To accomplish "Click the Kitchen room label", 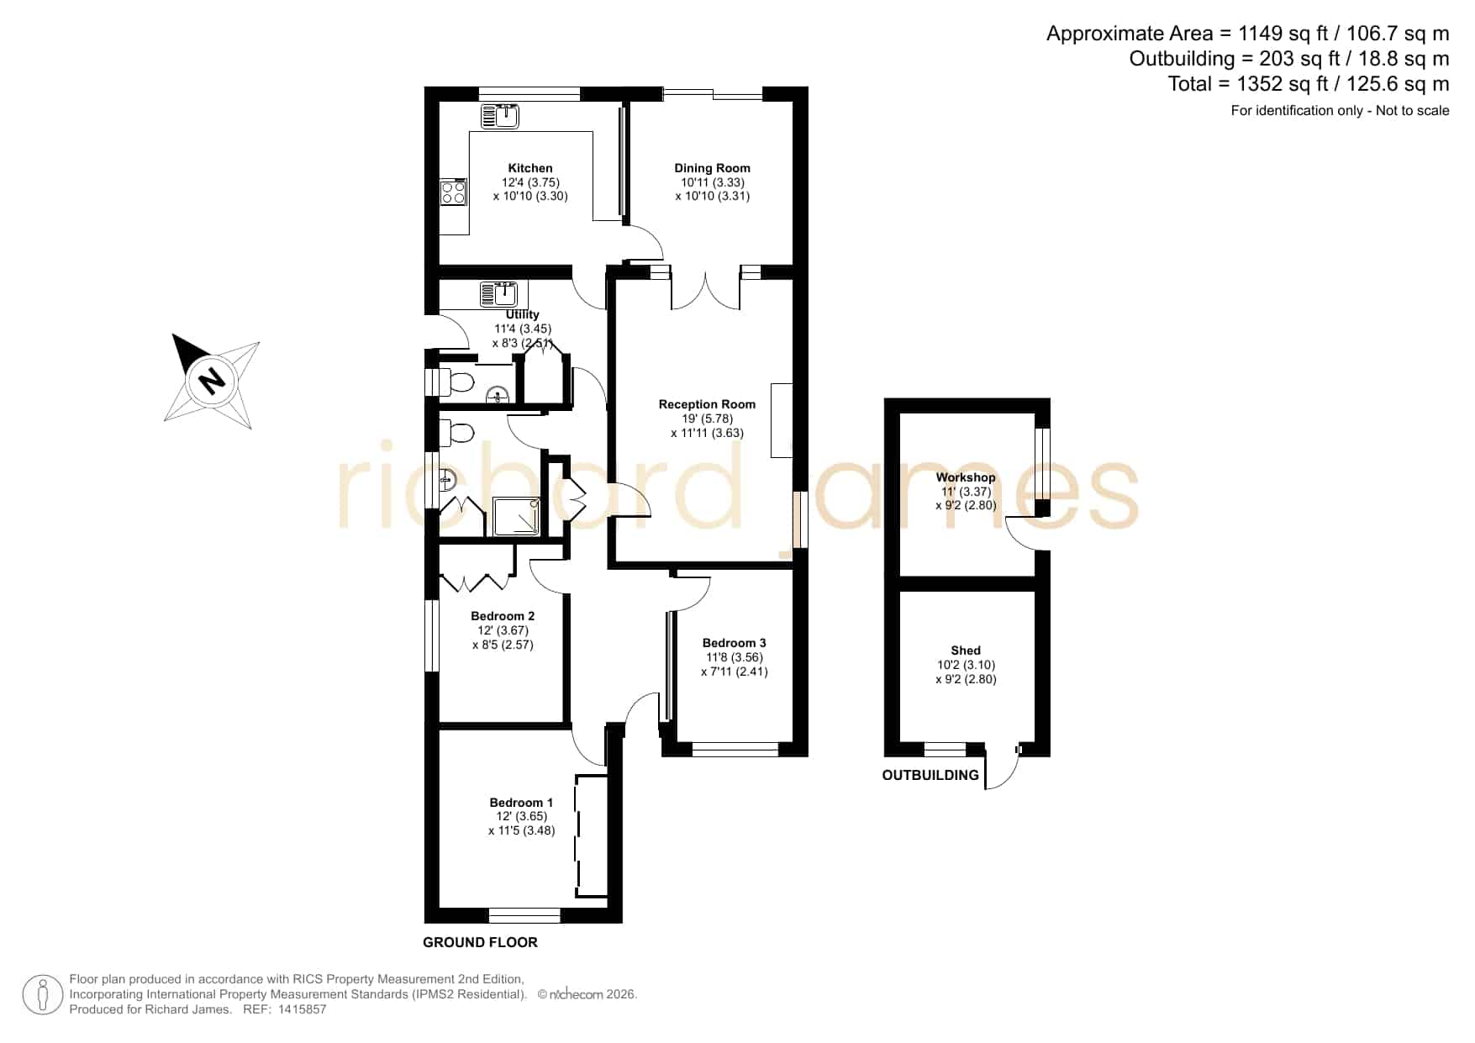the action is coord(530,168).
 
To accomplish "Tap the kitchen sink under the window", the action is coord(500,116).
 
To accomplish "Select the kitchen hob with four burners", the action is coord(454,192).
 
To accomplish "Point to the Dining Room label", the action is coord(712,168).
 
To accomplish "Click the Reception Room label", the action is coord(707,404).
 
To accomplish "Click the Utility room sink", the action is coord(499,294).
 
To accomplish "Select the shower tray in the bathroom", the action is coord(515,516).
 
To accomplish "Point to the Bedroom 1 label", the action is coord(521,803).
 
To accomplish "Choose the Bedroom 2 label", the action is coord(503,616).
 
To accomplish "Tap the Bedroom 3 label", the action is coord(734,643).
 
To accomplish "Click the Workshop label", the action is coord(966,477).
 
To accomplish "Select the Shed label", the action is coord(966,651).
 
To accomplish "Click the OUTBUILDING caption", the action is coord(930,775).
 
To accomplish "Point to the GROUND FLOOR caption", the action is coord(480,942).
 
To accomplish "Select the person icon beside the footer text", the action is coord(42,995).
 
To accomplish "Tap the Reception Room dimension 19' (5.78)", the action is coord(707,419).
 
